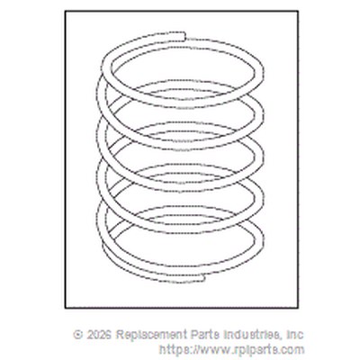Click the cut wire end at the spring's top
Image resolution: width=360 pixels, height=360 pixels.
[x=184, y=36]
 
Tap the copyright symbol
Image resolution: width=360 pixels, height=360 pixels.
[x=78, y=335]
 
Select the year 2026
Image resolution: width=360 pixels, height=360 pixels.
[x=99, y=335]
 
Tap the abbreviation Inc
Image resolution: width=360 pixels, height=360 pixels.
[x=295, y=335]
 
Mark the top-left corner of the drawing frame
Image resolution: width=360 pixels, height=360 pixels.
[x=66, y=11]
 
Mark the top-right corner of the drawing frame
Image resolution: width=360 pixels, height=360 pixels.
[x=298, y=11]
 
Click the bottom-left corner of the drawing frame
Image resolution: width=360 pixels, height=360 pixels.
[x=66, y=308]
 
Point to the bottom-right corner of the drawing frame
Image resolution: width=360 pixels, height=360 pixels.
[x=298, y=308]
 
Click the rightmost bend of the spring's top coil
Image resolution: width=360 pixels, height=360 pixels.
[x=260, y=73]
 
